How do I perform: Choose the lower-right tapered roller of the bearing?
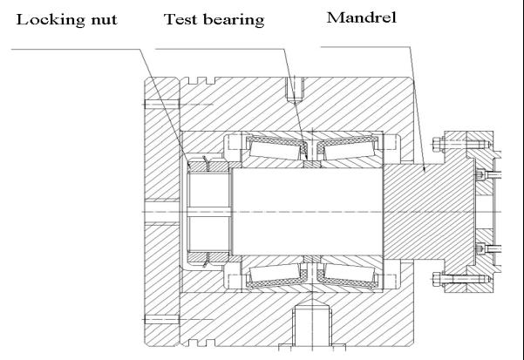(x=345, y=278)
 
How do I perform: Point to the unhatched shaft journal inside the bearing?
(x=305, y=209)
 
